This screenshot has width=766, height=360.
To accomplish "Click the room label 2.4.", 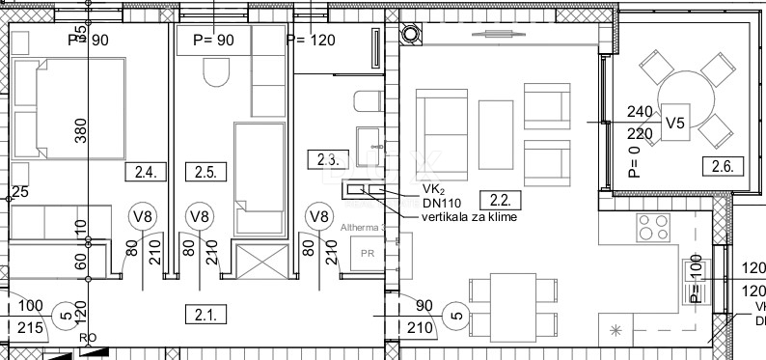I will point(147,174).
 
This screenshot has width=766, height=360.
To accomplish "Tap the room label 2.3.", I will point(322,157).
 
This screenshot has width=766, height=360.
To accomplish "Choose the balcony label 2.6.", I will point(723,165).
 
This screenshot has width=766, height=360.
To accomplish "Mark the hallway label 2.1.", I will point(204,312).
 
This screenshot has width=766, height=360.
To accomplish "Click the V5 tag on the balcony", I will point(676,124).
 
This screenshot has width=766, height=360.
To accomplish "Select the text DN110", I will point(441,202).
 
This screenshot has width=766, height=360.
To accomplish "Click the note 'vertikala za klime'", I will point(469,217).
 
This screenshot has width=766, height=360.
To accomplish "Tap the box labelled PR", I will point(367,254).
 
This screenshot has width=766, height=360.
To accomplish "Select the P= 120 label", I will point(310,41).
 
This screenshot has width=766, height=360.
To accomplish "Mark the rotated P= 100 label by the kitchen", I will point(695,280).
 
